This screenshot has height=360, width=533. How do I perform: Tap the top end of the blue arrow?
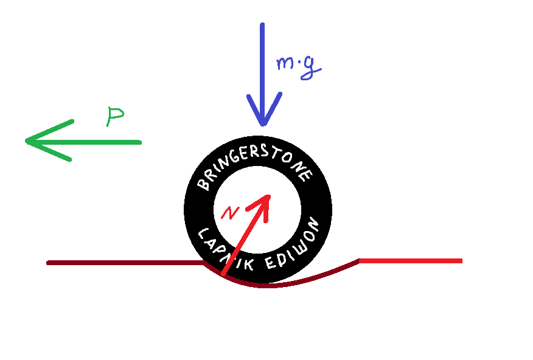click(262, 26)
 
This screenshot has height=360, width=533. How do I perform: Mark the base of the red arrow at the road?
click(223, 275)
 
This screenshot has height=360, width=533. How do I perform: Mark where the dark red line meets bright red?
click(360, 261)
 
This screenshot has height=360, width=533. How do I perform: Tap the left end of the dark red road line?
click(49, 263)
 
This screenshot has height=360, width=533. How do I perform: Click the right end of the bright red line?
click(461, 261)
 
